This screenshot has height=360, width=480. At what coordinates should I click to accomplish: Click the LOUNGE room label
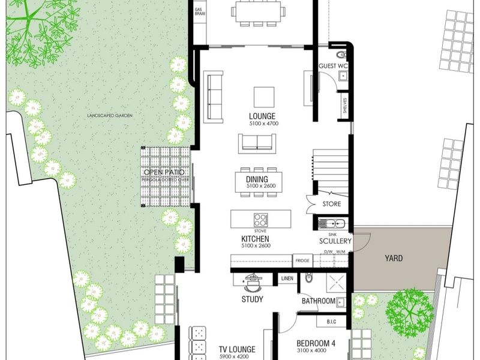(x=262, y=116)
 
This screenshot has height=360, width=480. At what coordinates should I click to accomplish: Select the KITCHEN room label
(x=256, y=239)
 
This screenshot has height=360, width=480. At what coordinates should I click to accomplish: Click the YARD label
(x=394, y=259)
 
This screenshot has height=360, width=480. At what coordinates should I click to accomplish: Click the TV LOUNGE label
(x=237, y=349)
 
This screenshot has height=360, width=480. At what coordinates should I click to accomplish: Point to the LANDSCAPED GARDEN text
(x=109, y=115)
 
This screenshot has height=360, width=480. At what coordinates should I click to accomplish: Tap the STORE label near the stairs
(x=332, y=204)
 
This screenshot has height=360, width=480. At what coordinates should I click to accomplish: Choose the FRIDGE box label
(x=302, y=260)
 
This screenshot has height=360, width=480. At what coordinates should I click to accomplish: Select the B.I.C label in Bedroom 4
(x=331, y=322)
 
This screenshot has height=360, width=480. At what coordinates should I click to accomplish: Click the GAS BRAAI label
(x=199, y=14)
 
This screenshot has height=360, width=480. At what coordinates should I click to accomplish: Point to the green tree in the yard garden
(x=410, y=310)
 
